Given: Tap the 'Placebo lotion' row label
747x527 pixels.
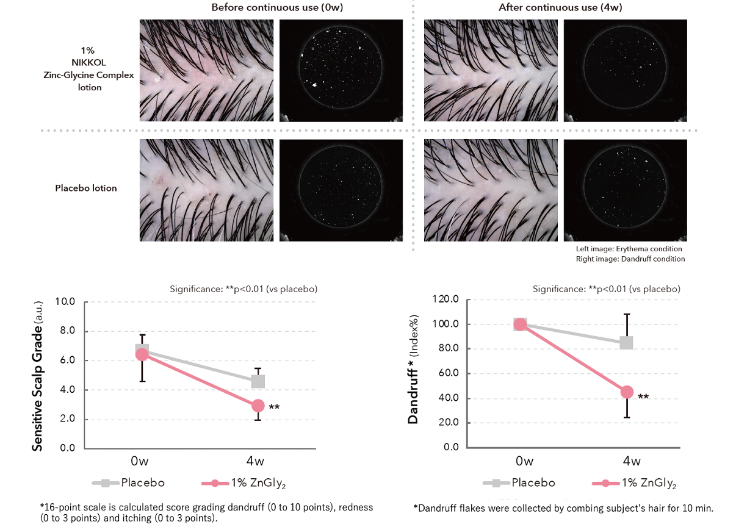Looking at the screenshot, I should (86, 188).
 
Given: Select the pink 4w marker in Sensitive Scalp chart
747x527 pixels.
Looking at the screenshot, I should (258, 406).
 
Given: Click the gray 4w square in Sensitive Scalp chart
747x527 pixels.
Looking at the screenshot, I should (258, 381).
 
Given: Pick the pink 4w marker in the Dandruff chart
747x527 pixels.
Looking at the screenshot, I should (627, 392).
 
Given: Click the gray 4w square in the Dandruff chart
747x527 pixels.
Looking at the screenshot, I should (626, 343).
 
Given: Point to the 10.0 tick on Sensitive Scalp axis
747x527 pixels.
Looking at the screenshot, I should (65, 302).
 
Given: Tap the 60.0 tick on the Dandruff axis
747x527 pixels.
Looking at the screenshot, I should (447, 373).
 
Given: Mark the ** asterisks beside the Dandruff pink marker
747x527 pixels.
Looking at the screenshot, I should (643, 397).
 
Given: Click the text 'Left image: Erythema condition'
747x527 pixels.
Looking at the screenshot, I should (629, 249).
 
